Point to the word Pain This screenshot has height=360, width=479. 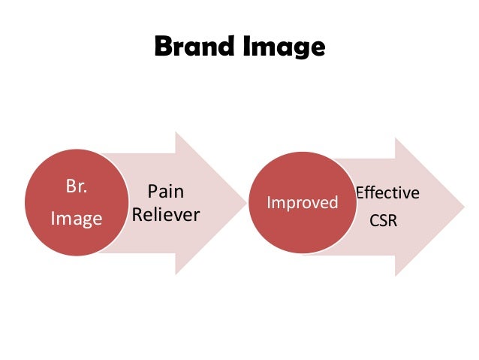pyautogui.click(x=165, y=192)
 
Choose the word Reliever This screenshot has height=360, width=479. pyautogui.click(x=165, y=215)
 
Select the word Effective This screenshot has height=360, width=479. pyautogui.click(x=387, y=193)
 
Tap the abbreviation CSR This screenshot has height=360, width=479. pyautogui.click(x=385, y=222)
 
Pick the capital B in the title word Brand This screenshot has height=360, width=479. pyautogui.click(x=162, y=47)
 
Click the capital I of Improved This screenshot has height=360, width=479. pyautogui.click(x=270, y=204)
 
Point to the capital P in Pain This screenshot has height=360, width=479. pyautogui.click(x=151, y=192)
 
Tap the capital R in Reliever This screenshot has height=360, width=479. pyautogui.click(x=137, y=215)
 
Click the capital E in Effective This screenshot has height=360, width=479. pyautogui.click(x=359, y=193)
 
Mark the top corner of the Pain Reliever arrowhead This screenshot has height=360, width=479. pyautogui.click(x=176, y=132)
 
